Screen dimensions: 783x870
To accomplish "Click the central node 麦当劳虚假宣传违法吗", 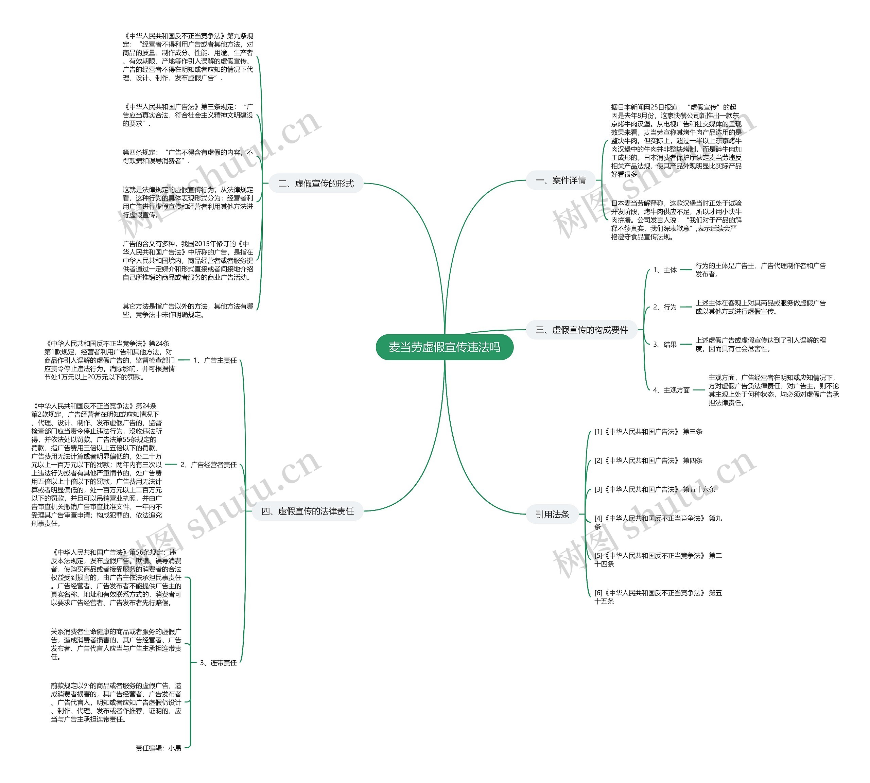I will [x=444, y=347].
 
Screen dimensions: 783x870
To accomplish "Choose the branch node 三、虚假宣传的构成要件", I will [x=581, y=330].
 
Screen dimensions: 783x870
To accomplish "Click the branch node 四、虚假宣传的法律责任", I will [x=308, y=511].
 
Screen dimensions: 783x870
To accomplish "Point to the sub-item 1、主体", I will [x=664, y=270].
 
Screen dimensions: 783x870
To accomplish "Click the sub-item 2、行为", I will [x=664, y=307].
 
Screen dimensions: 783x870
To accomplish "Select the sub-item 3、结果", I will [x=664, y=344].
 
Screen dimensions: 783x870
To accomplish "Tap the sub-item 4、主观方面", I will [x=671, y=390].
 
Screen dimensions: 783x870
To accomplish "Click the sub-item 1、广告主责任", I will [x=215, y=360].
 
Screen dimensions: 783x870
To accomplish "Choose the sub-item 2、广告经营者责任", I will [x=208, y=465].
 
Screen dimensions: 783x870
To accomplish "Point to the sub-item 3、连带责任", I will [x=218, y=663].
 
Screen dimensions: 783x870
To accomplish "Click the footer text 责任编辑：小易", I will [x=158, y=748].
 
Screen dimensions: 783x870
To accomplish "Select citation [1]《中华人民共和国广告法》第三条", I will [x=648, y=432].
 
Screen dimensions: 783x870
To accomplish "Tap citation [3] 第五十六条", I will [x=655, y=489].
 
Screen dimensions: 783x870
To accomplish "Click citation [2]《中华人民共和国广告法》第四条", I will [x=648, y=460].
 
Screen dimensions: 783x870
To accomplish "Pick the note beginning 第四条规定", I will [x=188, y=157].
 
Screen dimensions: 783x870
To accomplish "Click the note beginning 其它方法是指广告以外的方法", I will [x=188, y=310].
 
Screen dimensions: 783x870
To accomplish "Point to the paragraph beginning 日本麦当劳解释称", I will [x=676, y=220].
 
